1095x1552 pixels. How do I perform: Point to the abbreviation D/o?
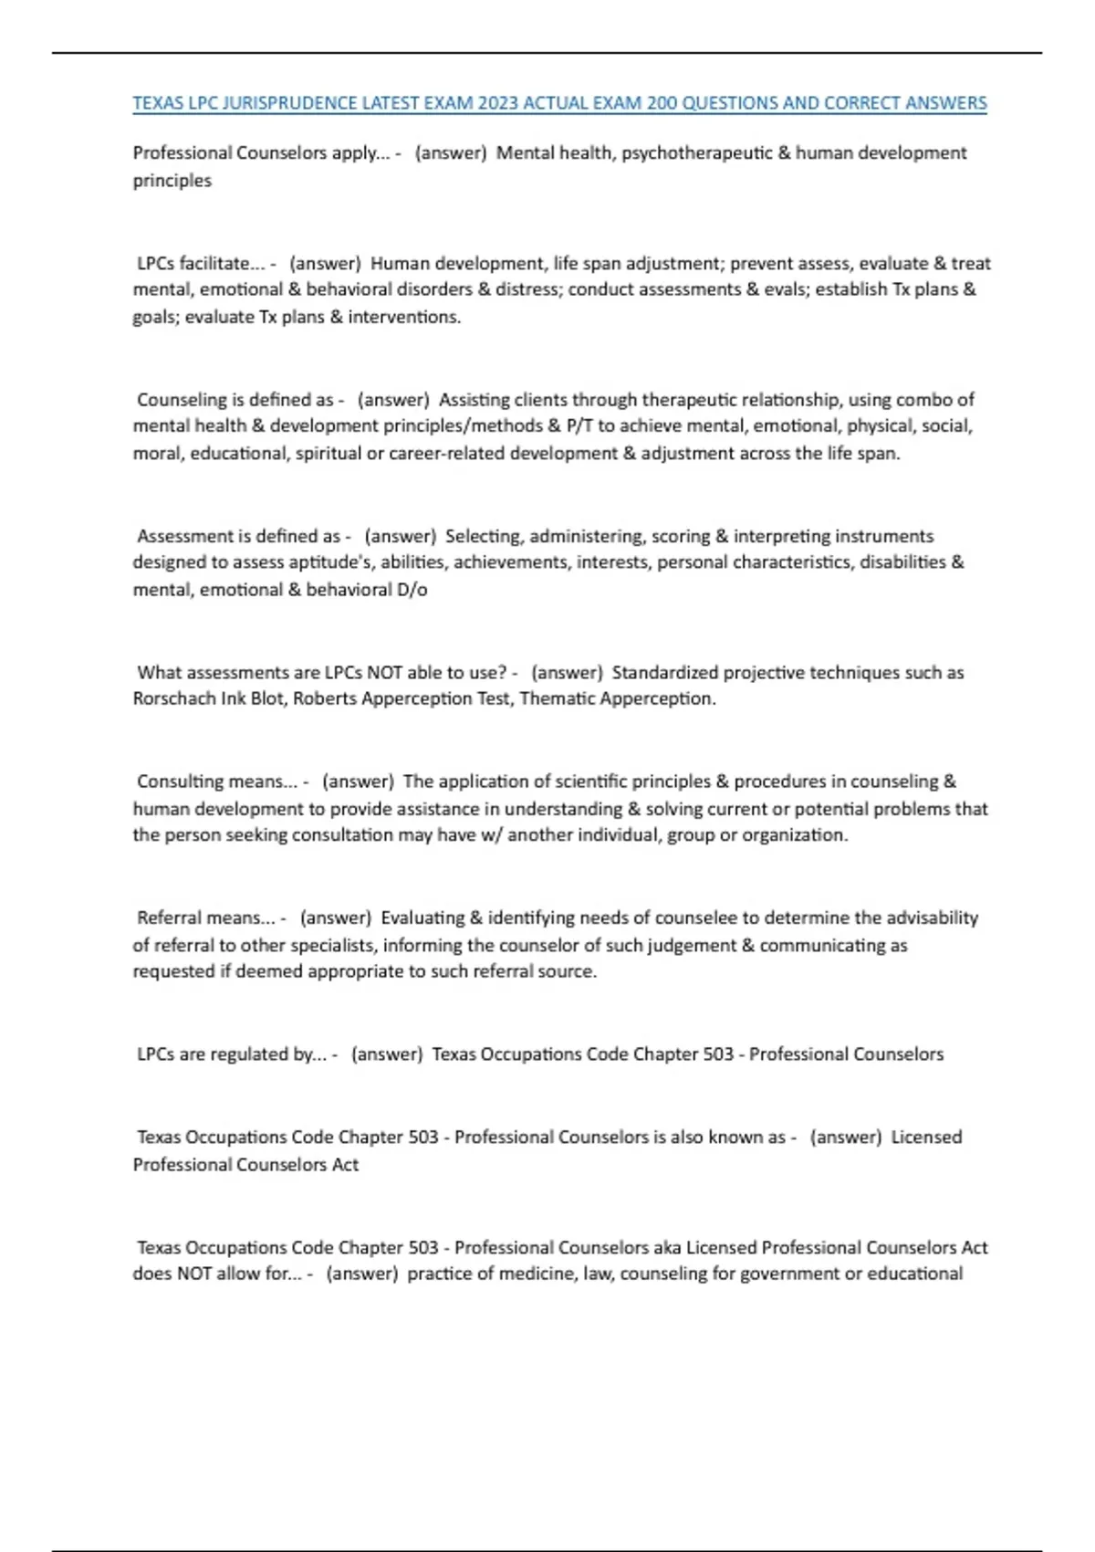point(412,589)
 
